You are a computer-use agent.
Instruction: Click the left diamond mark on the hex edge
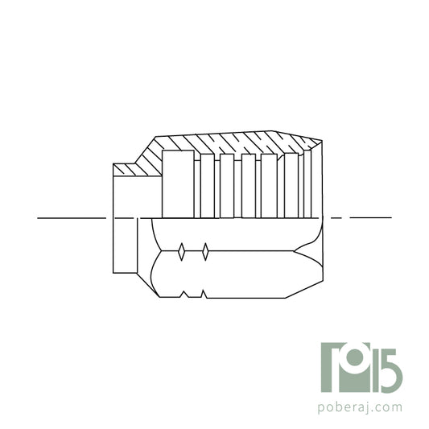(x=183, y=252)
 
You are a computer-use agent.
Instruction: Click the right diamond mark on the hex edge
(x=206, y=252)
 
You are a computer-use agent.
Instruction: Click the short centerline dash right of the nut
(x=336, y=218)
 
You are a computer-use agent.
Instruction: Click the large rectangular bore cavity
(x=178, y=184)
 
